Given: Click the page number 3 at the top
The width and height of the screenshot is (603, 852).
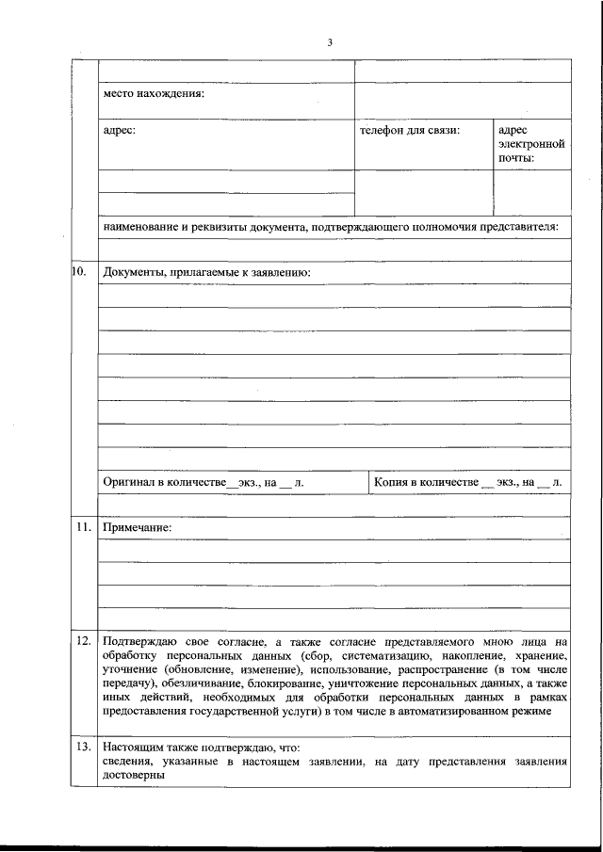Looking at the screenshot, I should pyautogui.click(x=330, y=41).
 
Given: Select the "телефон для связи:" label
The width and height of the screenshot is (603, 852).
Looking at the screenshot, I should pyautogui.click(x=410, y=130).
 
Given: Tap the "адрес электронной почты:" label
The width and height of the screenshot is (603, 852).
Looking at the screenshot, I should pyautogui.click(x=530, y=144).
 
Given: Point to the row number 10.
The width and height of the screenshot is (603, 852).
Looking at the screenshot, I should pyautogui.click(x=80, y=272).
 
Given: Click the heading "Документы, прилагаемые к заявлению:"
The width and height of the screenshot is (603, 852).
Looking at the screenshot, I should pyautogui.click(x=207, y=273).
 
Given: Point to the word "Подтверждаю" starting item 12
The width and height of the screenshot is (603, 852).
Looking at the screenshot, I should pyautogui.click(x=139, y=641).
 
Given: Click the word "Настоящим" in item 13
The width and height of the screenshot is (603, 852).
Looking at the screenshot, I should pyautogui.click(x=132, y=747).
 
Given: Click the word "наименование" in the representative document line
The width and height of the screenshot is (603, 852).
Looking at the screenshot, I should pyautogui.click(x=141, y=227).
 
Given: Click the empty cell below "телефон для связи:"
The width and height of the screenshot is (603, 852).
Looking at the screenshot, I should pyautogui.click(x=423, y=193).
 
